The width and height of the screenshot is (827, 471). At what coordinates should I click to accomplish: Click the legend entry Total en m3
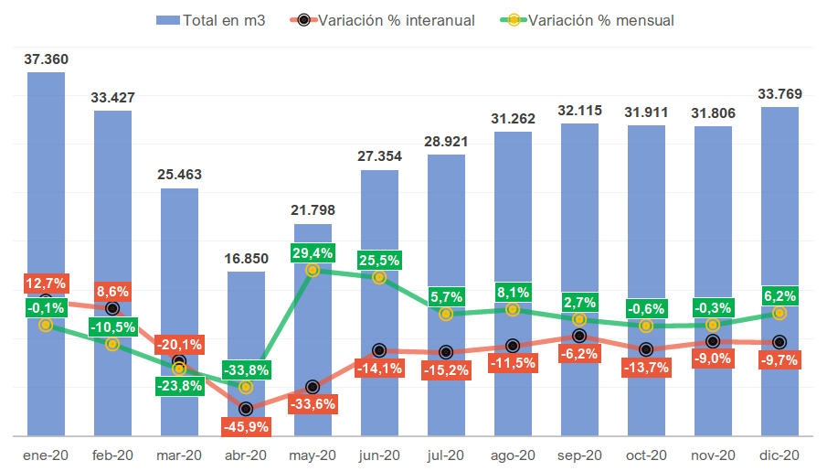point(211,20)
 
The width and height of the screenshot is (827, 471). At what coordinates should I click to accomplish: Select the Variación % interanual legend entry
point(385,20)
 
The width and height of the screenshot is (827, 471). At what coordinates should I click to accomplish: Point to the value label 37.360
point(46,59)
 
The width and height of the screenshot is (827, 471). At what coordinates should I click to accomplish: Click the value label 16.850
point(246,258)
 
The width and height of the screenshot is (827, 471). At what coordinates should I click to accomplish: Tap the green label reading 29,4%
point(313,252)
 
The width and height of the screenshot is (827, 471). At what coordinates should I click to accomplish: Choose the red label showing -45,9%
point(246,425)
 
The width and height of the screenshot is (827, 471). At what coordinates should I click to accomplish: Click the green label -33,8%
point(246,370)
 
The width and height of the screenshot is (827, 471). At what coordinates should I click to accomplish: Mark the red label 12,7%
point(46,283)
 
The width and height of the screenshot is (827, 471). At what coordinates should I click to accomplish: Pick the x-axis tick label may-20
point(313,455)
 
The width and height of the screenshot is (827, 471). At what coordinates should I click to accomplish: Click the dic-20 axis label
point(779,455)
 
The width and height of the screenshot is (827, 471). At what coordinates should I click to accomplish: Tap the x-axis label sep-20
point(579,455)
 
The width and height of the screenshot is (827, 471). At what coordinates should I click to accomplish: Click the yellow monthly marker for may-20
point(313,270)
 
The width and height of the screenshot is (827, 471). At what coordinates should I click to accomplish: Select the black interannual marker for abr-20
point(246,409)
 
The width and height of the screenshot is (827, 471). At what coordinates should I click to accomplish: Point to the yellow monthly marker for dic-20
point(779,313)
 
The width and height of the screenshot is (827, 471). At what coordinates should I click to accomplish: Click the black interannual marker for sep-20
point(579,337)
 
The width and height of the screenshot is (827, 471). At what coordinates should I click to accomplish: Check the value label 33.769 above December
point(779,93)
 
